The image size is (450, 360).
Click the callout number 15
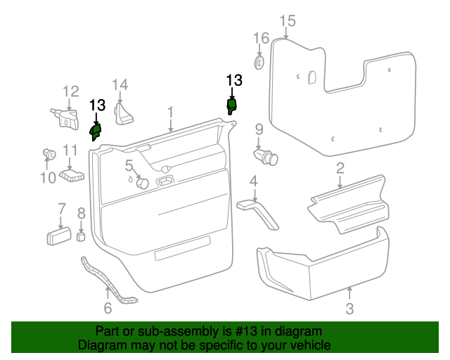(287, 20)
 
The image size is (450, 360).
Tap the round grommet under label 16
(259, 61)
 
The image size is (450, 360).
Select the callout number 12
(71, 91)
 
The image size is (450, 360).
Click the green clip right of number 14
(231, 106)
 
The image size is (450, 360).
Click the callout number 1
(170, 112)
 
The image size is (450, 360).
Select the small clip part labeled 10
(49, 153)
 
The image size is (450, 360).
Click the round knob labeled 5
(142, 183)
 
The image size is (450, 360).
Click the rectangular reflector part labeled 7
(58, 236)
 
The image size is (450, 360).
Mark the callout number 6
(108, 308)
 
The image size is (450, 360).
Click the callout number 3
(349, 308)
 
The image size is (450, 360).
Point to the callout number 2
(340, 168)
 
